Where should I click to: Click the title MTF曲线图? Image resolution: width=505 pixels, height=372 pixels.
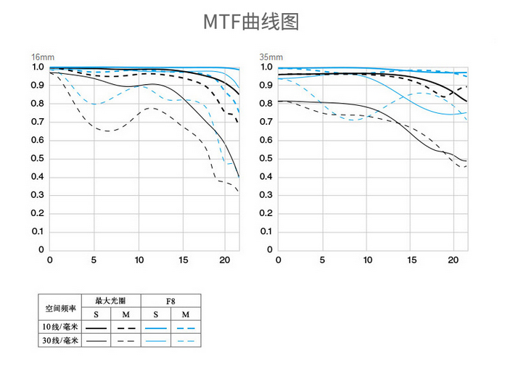[250, 22]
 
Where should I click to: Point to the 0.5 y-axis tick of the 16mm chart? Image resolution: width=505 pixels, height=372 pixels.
[37, 158]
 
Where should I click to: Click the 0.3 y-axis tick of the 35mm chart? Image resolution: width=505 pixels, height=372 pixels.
[266, 195]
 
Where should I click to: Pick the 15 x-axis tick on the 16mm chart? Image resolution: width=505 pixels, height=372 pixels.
[184, 260]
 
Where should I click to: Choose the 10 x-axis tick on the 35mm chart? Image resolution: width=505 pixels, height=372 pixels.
[369, 260]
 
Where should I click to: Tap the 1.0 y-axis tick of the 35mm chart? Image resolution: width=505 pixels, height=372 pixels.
[266, 67]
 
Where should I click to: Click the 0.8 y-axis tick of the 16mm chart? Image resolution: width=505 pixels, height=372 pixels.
[37, 104]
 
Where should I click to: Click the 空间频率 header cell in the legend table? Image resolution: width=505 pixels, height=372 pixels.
[60, 307]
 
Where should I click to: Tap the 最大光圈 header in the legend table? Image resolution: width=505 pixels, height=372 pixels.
[111, 299]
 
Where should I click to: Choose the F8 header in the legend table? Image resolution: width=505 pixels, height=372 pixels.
[170, 299]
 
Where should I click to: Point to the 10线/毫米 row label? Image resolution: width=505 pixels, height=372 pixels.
[60, 327]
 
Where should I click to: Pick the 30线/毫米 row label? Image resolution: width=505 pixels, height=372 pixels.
[60, 340]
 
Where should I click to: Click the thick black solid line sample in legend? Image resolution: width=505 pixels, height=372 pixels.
[97, 328]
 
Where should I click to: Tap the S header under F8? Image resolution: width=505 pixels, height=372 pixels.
[155, 314]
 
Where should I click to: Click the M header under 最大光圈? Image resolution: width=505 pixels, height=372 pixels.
[126, 314]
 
